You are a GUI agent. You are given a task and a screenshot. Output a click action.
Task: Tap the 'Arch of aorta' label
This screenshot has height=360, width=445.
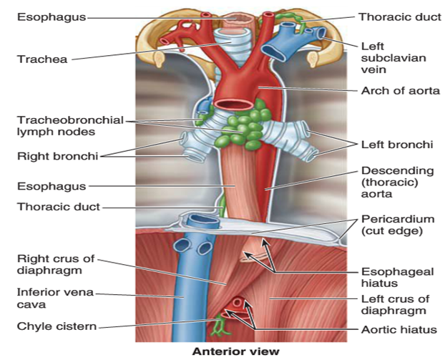coord(400,91)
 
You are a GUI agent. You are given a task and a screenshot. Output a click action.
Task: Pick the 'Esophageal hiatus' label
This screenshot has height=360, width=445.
coord(391,280)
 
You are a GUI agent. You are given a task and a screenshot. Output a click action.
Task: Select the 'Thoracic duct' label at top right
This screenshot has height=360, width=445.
coord(395,15)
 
